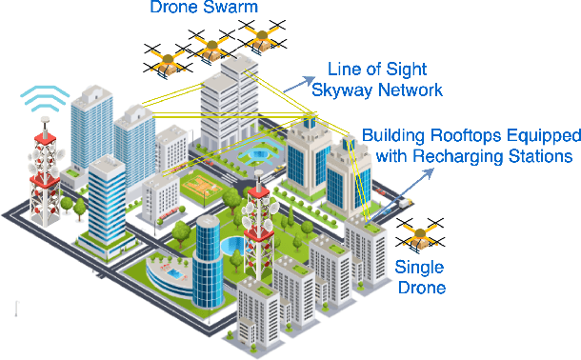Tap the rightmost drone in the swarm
pos(262,37)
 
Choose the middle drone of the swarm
pos(211,46)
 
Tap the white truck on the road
pos(407,202)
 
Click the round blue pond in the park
pos(231,247)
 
